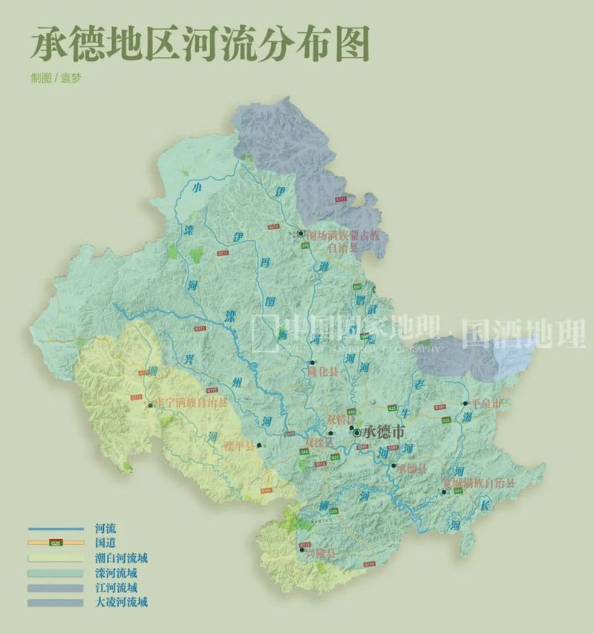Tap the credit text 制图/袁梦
tap(56, 78)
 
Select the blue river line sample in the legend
tap(56, 529)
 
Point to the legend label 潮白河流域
tap(122, 558)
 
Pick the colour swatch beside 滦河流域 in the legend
tap(56, 572)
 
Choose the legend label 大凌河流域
tap(122, 601)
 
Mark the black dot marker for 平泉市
tap(466, 404)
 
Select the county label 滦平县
tap(238, 447)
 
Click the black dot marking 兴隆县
tap(302, 549)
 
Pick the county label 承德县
tap(411, 468)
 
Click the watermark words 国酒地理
tap(523, 334)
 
